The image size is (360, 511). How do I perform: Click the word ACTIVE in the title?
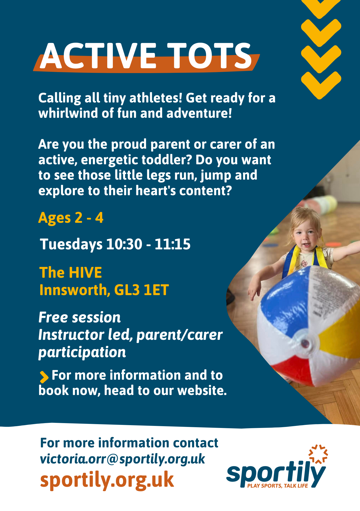coord(98,56)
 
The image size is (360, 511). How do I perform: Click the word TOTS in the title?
coord(209,56)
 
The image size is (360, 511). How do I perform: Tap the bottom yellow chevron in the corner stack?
coord(321,85)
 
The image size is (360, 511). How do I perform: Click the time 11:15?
coord(173,244)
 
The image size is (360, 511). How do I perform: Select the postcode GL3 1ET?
coord(141,290)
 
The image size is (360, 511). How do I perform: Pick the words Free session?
coord(79,318)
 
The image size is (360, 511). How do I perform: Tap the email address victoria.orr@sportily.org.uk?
coord(123,459)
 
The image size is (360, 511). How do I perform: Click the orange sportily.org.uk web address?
coord(107,480)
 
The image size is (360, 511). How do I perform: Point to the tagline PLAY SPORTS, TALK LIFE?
coord(278,486)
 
